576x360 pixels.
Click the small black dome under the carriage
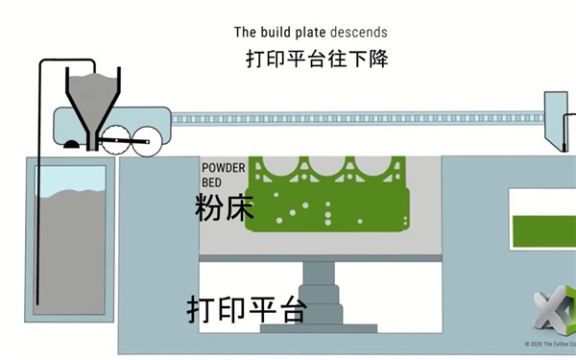coord(71,145)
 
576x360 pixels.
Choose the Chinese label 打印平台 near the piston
coord(247,309)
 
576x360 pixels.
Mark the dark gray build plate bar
coord(317,260)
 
